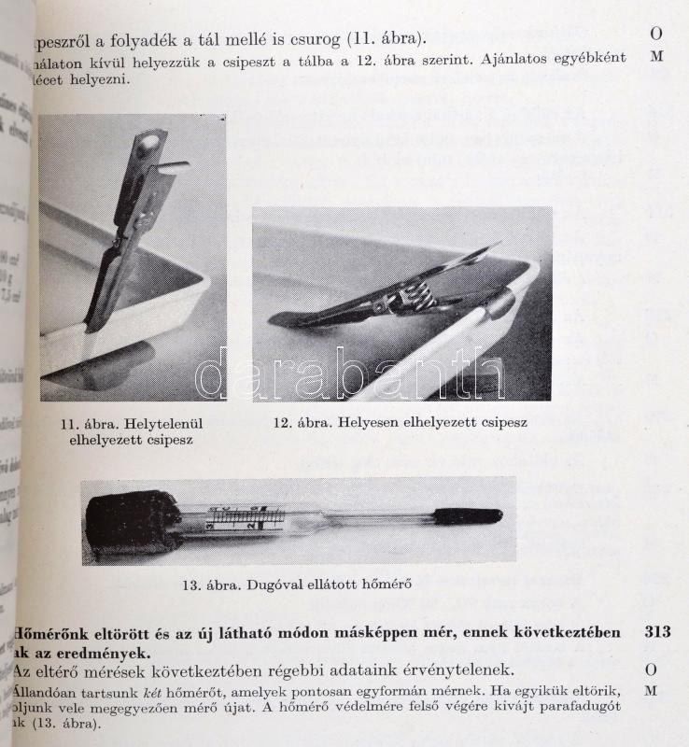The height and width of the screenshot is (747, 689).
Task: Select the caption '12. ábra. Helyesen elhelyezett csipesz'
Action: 400,422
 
